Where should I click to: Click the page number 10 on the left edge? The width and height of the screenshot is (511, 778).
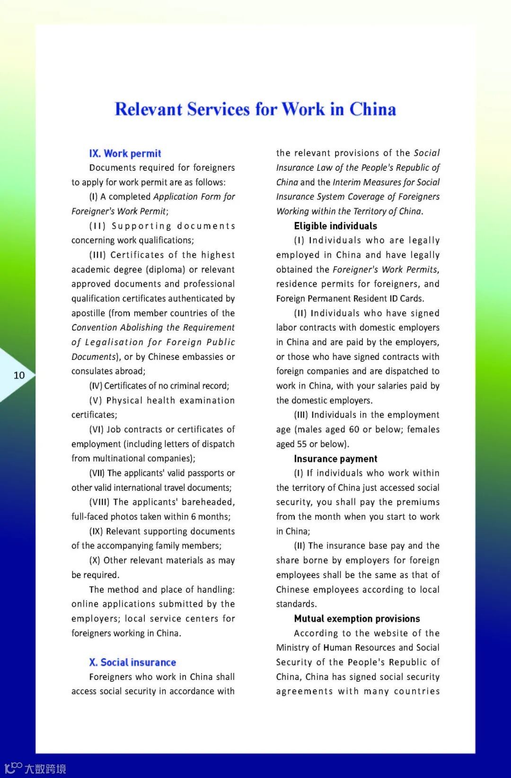[19, 376]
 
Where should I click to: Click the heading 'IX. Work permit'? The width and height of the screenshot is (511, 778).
[125, 153]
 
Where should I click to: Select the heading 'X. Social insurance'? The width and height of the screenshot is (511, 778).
[132, 662]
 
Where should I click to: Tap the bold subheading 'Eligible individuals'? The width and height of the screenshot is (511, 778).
[335, 226]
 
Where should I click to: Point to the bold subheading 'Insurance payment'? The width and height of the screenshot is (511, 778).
[335, 459]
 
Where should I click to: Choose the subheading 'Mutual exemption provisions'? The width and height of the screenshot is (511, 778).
[357, 619]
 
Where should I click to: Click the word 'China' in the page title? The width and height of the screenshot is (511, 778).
[372, 109]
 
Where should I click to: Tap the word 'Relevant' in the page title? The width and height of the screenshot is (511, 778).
[148, 109]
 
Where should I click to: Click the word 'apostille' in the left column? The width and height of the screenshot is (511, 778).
[88, 313]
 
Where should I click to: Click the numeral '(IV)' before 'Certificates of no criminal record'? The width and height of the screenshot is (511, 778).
[96, 386]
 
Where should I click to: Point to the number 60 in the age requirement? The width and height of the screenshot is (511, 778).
[354, 429]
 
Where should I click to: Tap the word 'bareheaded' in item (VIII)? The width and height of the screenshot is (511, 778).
[208, 502]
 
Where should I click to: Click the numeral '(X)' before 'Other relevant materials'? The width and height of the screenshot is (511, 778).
[95, 560]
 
